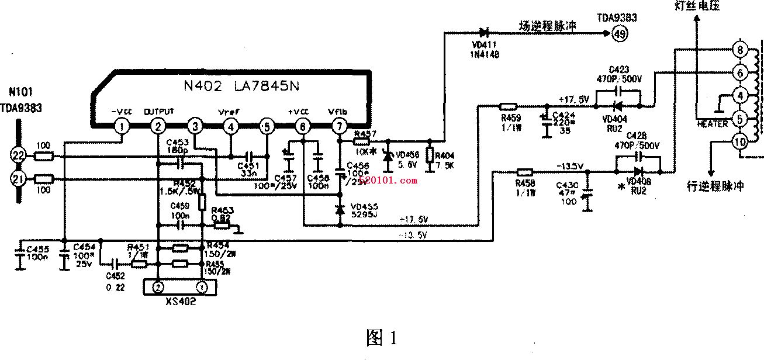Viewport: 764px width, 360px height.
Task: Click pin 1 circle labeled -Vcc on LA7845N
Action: point(121,126)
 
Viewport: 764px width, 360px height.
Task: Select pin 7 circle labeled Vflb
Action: point(339,126)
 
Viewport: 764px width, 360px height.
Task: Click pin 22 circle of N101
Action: point(18,155)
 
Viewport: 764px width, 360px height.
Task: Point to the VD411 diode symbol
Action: point(483,32)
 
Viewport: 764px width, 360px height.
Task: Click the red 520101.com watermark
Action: point(388,181)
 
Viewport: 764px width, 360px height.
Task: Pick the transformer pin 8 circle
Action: point(739,50)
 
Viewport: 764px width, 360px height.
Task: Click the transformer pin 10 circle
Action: point(739,140)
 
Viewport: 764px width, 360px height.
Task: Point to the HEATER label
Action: point(713,124)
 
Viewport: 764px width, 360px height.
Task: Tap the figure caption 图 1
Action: point(381,337)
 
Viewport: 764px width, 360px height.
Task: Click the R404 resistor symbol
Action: point(430,155)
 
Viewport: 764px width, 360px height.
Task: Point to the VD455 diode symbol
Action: point(340,209)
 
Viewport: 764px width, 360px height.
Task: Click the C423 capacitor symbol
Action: point(618,92)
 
